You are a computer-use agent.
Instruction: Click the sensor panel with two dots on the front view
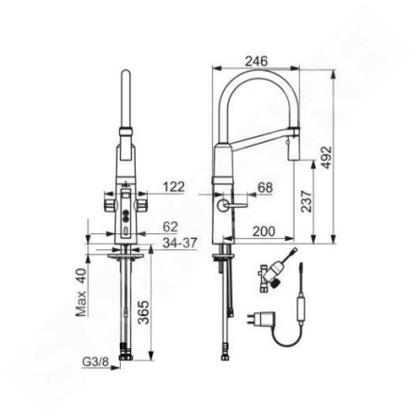coord(123,219)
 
